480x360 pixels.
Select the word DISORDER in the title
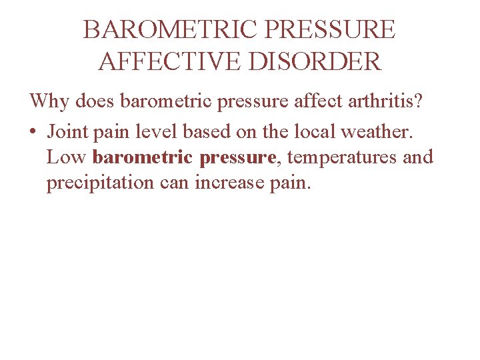[325, 62]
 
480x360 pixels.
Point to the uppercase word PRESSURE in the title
[332, 30]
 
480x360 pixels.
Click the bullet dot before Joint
[33, 132]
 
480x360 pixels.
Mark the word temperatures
[342, 159]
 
